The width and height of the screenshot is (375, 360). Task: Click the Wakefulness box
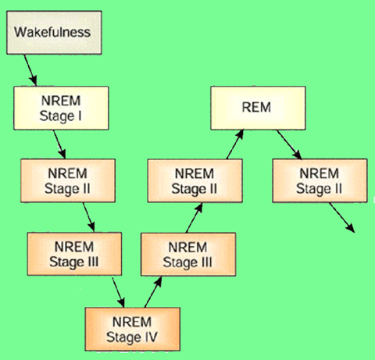[54, 33]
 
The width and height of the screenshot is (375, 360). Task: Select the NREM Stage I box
[61, 108]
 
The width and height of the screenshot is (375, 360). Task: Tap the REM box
[258, 108]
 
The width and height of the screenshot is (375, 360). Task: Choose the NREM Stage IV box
[133, 330]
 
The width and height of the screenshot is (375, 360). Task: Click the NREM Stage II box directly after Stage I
[68, 180]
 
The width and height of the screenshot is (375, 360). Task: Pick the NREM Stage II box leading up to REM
[195, 180]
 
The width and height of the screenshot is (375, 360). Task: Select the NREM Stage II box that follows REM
[320, 180]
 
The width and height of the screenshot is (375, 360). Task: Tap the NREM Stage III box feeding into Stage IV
[74, 254]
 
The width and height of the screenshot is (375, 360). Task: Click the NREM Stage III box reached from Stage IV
[188, 254]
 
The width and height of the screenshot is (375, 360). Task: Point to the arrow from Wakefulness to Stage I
[30, 70]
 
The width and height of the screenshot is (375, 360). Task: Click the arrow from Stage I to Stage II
[59, 144]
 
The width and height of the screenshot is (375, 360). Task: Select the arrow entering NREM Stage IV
[118, 293]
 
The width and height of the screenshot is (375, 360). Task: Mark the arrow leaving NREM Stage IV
[153, 292]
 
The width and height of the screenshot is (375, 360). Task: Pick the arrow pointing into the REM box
[235, 144]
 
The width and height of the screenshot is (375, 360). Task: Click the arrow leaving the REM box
[289, 144]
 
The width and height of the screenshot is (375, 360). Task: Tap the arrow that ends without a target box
[342, 218]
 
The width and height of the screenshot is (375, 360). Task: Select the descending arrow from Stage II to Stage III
[89, 217]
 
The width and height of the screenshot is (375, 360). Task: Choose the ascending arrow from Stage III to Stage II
[195, 218]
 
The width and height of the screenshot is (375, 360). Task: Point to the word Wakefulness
[52, 32]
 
